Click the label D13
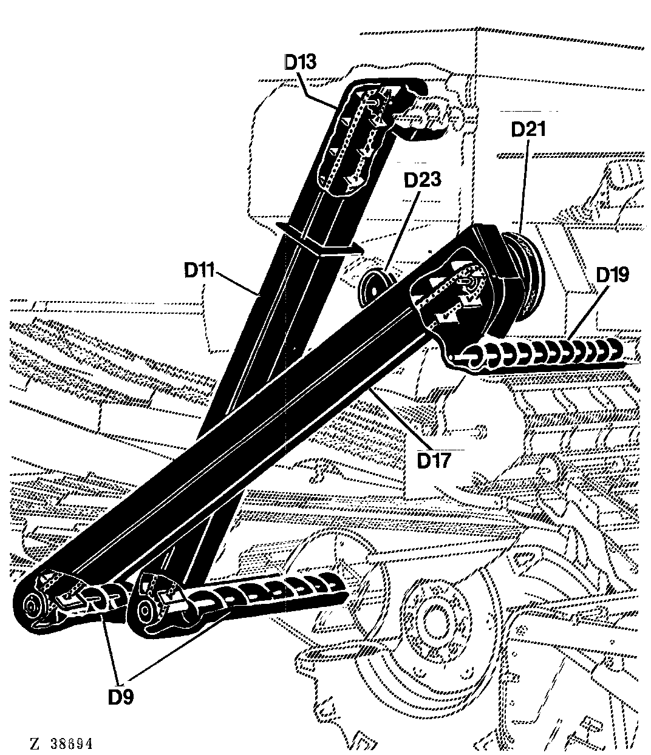300,62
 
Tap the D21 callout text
528,130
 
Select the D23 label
423,180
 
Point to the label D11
199,270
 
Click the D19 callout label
613,275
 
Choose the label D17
434,461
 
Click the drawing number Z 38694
61,744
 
